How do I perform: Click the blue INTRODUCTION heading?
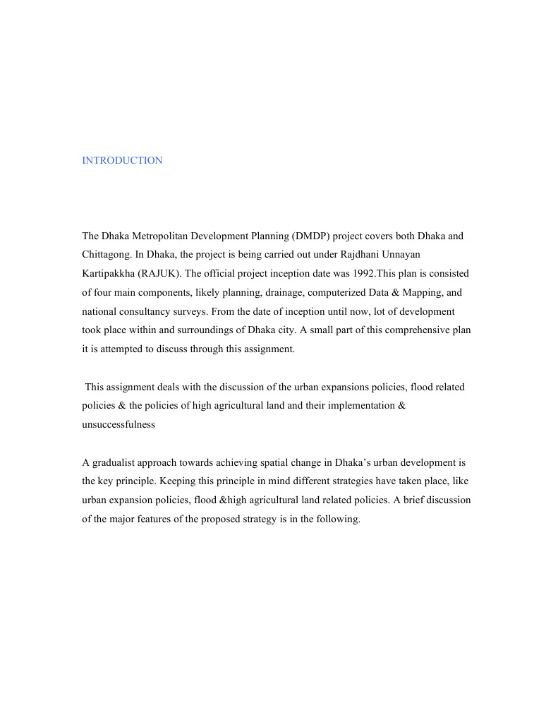point(122,160)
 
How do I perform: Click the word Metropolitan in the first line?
point(159,235)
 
